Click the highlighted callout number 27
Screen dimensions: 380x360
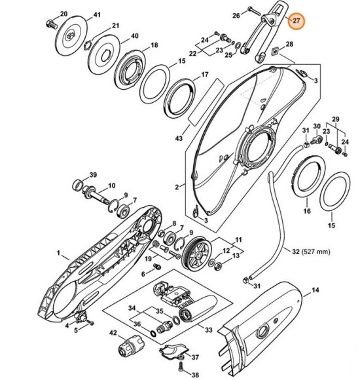pos(297,20)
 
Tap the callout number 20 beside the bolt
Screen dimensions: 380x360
pos(63,14)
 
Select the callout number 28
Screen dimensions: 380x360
pos(290,44)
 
